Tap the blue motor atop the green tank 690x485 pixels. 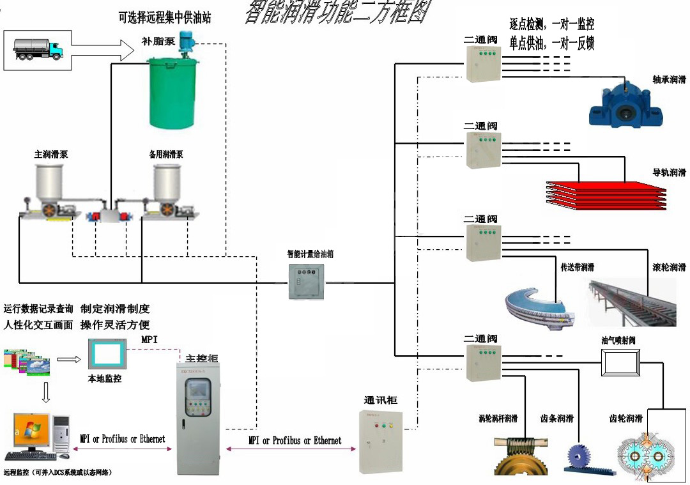[187, 42]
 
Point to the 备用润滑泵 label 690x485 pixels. [165, 155]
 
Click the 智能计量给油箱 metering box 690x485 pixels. [306, 282]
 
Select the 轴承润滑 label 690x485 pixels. [668, 80]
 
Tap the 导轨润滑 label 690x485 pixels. [668, 173]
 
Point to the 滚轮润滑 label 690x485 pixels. [668, 266]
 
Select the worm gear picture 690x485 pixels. [521, 454]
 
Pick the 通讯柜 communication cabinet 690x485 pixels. [380, 440]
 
